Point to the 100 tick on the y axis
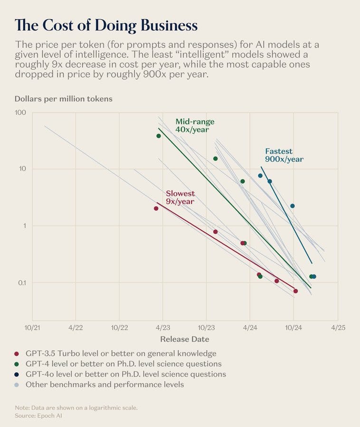coord(25,113)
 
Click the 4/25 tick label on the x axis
coord(337,327)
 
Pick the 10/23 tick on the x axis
coord(206,327)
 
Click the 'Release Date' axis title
coord(184,339)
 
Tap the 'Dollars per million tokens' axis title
coord(64,99)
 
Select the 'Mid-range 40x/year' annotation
coord(195,126)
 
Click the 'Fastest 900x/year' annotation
coord(284,155)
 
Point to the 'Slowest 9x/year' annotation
coord(180,197)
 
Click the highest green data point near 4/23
coord(159,136)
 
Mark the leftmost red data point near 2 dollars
coord(156,208)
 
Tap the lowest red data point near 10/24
coord(295,291)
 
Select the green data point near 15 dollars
coord(215,158)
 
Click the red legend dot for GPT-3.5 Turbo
coord(17,354)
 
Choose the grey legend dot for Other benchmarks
coord(17,385)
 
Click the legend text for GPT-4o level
coord(125,374)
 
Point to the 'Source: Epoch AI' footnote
coord(38,416)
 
